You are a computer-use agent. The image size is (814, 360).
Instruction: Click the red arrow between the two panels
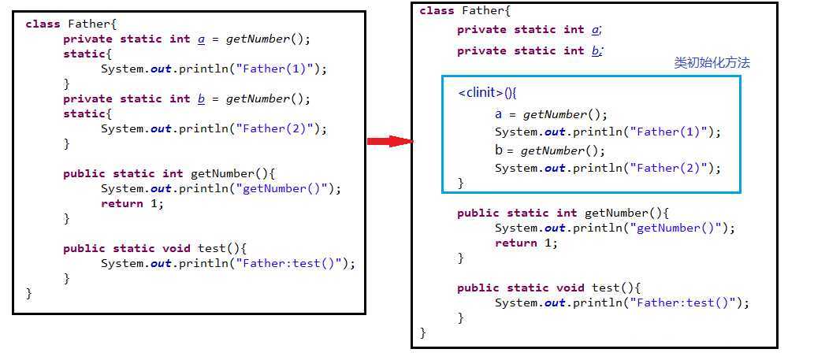(x=390, y=142)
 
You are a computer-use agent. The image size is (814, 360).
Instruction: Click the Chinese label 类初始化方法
(x=712, y=63)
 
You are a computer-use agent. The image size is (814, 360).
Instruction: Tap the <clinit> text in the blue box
(x=481, y=93)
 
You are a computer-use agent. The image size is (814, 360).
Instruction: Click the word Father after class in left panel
(x=86, y=24)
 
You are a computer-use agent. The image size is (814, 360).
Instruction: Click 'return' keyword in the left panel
(x=118, y=203)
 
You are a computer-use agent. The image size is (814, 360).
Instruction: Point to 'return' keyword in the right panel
(x=512, y=243)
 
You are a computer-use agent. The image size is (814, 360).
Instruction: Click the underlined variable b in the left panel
(x=201, y=99)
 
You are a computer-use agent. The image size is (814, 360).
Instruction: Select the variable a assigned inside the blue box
(x=499, y=114)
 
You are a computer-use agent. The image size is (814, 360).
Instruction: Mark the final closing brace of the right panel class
(x=422, y=333)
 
